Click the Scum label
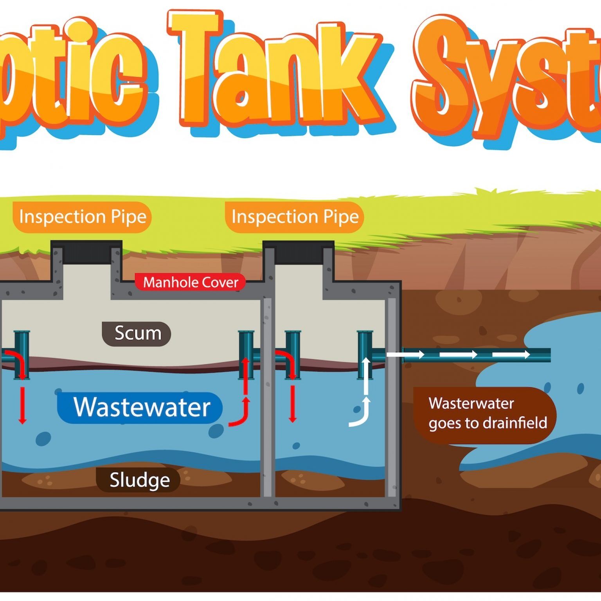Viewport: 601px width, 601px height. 137,334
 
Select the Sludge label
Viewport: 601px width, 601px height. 139,480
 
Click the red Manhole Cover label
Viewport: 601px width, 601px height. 190,282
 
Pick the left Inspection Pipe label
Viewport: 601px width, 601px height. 82,217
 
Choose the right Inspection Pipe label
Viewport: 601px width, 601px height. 295,217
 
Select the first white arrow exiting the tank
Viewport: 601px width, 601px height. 405,355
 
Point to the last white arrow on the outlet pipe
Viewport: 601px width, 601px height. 511,355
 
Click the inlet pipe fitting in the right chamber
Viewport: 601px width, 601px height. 292,354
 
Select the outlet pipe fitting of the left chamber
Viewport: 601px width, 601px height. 247,354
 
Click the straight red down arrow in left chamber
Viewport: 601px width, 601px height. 22,405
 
